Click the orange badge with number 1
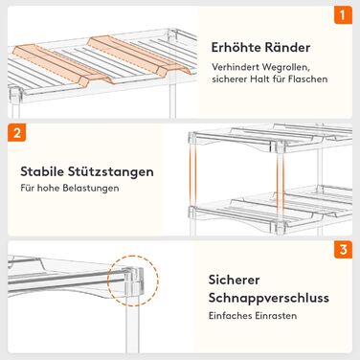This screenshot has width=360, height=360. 343,15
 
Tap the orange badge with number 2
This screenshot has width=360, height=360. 16,132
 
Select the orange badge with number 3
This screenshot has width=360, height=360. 343,249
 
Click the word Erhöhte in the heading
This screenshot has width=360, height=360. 235,48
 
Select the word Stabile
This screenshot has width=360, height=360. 41,171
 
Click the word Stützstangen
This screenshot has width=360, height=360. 110,171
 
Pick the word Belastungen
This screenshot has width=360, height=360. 91,188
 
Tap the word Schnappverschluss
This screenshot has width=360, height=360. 269,298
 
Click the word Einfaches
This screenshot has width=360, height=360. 230,316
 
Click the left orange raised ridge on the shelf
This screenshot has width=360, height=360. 62,66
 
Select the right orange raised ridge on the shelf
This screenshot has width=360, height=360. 140,56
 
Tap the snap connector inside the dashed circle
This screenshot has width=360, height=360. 133,281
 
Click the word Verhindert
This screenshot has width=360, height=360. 235,68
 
